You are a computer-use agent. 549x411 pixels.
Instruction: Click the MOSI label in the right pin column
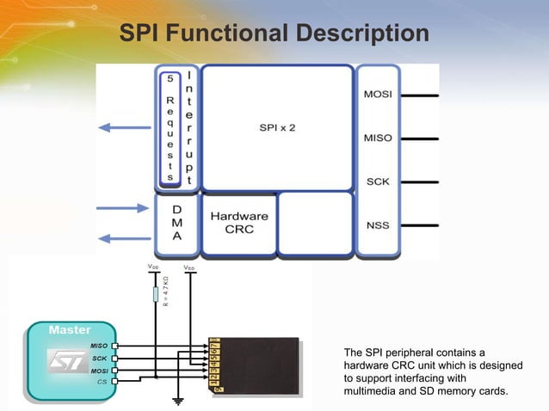[x=379, y=95]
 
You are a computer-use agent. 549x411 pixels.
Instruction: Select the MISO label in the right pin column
[x=379, y=138]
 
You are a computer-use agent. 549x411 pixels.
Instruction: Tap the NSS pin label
[x=379, y=225]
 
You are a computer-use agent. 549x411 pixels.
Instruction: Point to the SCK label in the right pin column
[x=379, y=181]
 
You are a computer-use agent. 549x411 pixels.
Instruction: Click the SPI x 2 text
[x=277, y=127]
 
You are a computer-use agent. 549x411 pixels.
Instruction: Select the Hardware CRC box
[x=239, y=223]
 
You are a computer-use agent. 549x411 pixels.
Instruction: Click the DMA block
[x=176, y=224]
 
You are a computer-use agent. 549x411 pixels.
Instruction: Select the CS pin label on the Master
[x=102, y=381]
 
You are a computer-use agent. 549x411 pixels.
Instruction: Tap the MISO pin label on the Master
[x=98, y=345]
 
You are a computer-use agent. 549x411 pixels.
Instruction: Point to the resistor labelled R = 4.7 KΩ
[x=156, y=295]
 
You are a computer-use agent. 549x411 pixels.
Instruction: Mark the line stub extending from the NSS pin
[x=418, y=225]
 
